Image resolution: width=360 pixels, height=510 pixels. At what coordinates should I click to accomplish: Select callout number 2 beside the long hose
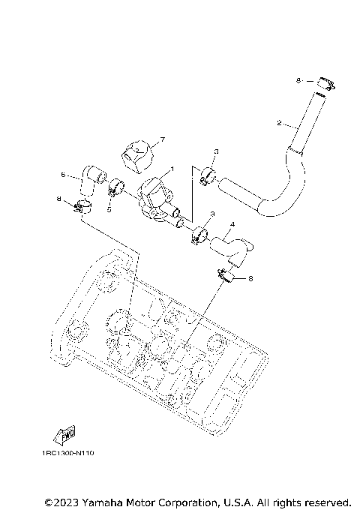[x=279, y=122]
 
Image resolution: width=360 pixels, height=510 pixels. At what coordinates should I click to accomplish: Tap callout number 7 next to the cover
[x=161, y=139]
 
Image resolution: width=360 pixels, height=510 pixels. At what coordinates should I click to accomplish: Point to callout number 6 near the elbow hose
[x=63, y=175]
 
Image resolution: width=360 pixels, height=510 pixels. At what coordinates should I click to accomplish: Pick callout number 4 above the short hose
[x=233, y=224]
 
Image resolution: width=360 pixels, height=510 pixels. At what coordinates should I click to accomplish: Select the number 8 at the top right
[x=298, y=80]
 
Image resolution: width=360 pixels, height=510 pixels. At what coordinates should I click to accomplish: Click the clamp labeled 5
[x=116, y=187]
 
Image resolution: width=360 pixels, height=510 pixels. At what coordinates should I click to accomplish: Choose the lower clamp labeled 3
[x=199, y=235]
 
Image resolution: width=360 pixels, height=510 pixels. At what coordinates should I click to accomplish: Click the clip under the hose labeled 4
[x=224, y=275]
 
